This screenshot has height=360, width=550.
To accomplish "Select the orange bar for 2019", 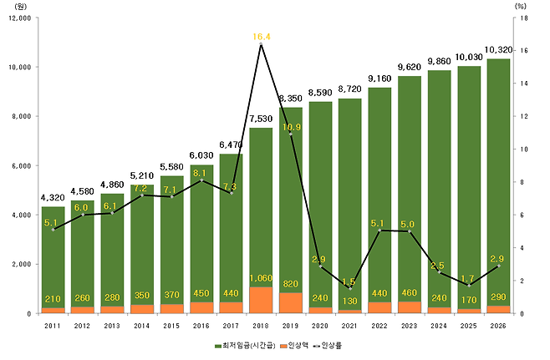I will click(290, 303).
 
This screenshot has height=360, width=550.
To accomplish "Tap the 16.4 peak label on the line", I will click(261, 37).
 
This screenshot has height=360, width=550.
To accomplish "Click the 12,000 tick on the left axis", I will click(18, 18).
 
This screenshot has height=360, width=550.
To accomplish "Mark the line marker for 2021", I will click(349, 288).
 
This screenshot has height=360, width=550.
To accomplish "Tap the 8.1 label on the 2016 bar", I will click(201, 174).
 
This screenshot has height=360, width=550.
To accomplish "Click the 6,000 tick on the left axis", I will click(21, 165).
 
